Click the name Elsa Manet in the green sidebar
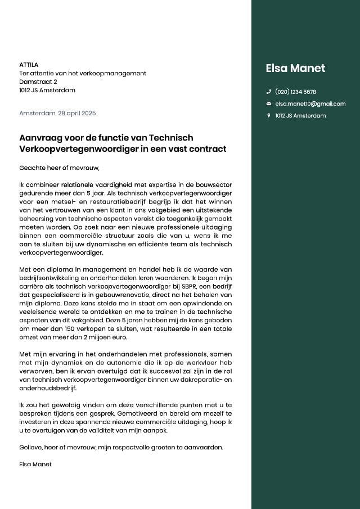tap(295, 68)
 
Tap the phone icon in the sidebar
tap(269, 92)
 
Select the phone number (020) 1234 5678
tap(295, 92)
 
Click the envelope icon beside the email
tap(269, 104)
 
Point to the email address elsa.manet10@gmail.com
tap(310, 104)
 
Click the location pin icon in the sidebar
tap(269, 116)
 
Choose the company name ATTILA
tap(29, 65)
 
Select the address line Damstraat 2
tap(38, 82)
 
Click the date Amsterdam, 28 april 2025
tap(57, 113)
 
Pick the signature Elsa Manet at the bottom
tap(35, 464)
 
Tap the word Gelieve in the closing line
tap(31, 447)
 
